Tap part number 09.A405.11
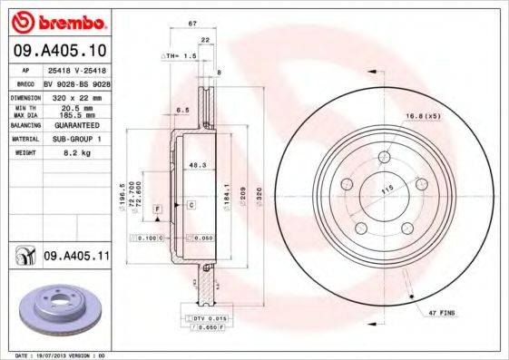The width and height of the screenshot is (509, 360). coord(75,258)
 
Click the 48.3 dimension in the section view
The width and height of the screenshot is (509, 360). coord(194,164)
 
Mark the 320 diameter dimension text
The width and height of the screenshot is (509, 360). coord(257,193)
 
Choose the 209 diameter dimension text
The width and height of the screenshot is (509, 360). coord(241,193)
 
